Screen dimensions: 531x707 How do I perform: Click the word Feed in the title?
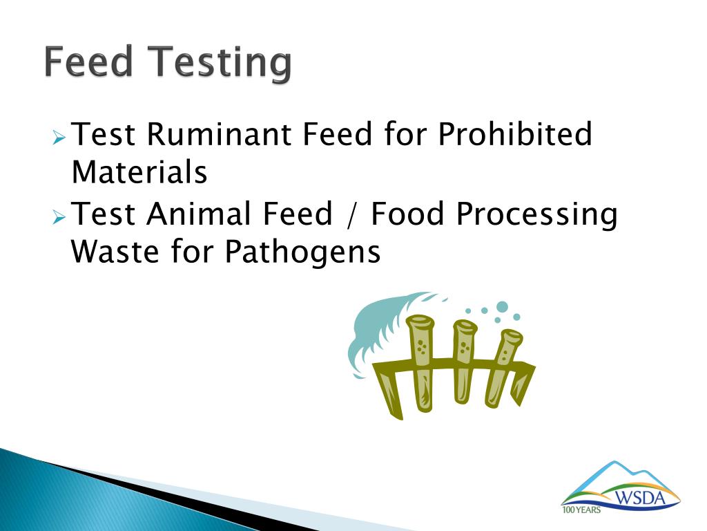pos(88,62)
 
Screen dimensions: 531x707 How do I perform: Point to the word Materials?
pos(139,172)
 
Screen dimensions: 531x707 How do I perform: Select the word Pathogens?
pos(302,253)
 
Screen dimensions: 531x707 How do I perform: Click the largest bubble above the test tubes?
pos(502,307)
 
